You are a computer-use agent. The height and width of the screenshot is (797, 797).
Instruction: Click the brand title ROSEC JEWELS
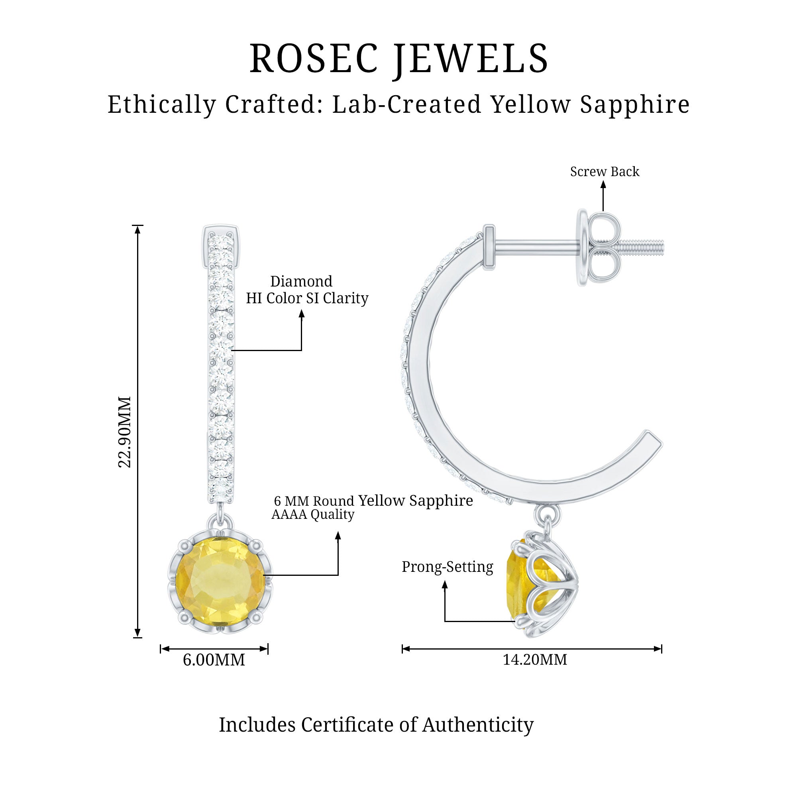[x=398, y=59]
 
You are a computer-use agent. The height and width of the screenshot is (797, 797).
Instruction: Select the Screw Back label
[x=605, y=171]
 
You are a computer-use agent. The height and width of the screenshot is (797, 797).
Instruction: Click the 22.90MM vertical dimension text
[x=124, y=432]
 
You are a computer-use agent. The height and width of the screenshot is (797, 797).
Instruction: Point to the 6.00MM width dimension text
[x=214, y=660]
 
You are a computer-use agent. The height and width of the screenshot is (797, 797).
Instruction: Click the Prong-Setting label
[x=448, y=567]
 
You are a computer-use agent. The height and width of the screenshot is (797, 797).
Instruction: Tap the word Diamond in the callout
[x=301, y=281]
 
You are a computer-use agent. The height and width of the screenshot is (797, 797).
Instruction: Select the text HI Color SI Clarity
[x=307, y=298]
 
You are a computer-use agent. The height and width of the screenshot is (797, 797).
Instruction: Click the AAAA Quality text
[x=313, y=514]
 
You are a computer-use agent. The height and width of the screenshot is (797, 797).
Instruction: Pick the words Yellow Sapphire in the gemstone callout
[x=415, y=501]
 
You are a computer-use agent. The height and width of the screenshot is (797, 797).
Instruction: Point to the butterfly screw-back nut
[x=601, y=247]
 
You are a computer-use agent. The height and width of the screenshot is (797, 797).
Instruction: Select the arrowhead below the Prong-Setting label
[x=445, y=585]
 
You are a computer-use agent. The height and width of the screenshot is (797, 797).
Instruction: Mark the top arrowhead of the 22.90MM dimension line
[x=138, y=230]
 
